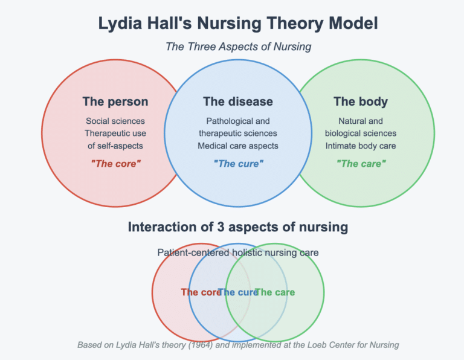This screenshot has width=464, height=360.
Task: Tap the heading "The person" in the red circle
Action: point(115,101)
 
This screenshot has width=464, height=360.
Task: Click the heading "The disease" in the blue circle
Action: point(238,101)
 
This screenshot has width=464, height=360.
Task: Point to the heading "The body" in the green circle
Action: point(361,101)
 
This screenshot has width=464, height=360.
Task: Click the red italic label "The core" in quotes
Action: point(115,164)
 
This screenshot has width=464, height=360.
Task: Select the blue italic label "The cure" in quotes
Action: point(238,164)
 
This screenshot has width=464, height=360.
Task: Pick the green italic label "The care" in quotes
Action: point(361,164)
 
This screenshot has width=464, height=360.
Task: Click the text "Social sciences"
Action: point(115,121)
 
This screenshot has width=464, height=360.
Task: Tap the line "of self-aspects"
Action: point(115,146)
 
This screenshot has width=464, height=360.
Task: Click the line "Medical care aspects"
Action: point(238,146)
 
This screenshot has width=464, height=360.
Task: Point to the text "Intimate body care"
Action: point(361,146)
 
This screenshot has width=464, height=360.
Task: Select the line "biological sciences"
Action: point(361,133)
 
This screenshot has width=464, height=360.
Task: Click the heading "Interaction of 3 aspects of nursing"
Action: point(238,227)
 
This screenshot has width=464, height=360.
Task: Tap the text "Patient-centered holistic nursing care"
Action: point(238,252)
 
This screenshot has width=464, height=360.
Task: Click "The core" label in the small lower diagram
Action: point(199,292)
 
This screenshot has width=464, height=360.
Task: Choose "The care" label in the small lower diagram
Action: point(275,292)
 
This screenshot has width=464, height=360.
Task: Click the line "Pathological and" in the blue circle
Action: point(238,121)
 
